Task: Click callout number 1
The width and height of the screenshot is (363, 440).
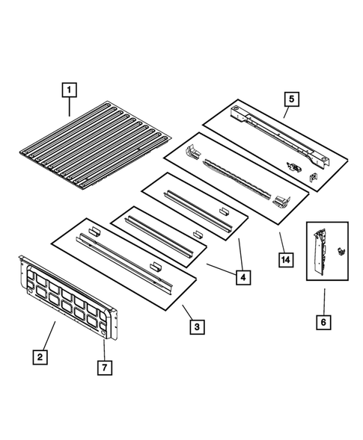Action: click(68, 90)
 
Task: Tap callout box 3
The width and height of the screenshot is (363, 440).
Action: click(195, 326)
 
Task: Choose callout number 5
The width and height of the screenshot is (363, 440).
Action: click(290, 98)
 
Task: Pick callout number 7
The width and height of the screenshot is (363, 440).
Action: click(105, 368)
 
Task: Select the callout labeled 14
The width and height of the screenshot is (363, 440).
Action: click(284, 260)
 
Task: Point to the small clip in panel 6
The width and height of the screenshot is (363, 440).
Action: click(341, 252)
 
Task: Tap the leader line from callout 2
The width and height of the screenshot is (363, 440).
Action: click(51, 335)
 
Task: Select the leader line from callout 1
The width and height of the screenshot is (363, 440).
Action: click(70, 108)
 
